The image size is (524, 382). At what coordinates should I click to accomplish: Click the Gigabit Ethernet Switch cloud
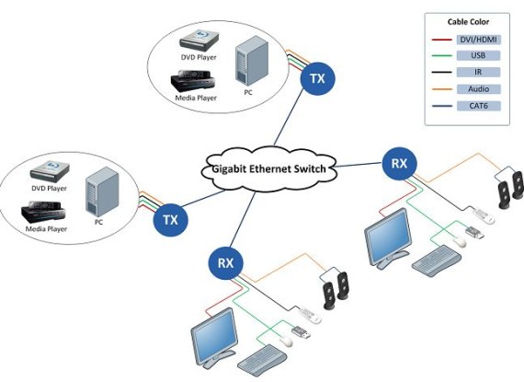click(x=268, y=169)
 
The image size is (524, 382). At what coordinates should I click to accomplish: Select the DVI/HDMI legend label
click(x=478, y=40)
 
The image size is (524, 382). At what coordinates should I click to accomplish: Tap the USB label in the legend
click(x=478, y=55)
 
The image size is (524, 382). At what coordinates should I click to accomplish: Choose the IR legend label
click(x=478, y=72)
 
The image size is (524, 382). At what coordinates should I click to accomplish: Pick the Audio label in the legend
click(x=478, y=89)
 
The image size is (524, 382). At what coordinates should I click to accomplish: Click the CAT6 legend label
click(x=478, y=106)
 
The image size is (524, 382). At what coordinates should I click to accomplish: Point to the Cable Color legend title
click(x=468, y=22)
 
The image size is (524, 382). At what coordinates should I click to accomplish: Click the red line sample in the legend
click(x=442, y=40)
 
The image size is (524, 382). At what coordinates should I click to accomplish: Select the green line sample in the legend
click(x=442, y=55)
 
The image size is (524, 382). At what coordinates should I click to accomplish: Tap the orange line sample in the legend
click(x=442, y=89)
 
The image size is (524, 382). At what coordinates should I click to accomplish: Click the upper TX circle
click(x=317, y=78)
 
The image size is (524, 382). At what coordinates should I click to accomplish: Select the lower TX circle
click(x=170, y=220)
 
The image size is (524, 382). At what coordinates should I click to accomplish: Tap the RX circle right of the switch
click(x=399, y=164)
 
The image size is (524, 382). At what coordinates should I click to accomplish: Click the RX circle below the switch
click(x=225, y=263)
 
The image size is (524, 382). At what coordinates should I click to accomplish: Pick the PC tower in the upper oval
click(x=252, y=61)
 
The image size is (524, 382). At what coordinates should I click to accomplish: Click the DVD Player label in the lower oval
click(x=49, y=189)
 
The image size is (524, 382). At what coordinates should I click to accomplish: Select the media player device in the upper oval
click(x=192, y=81)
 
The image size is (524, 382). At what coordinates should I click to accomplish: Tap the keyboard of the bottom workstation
click(x=262, y=356)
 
